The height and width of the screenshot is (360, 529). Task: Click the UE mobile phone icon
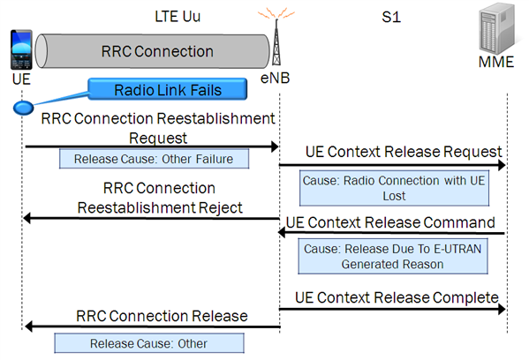21,48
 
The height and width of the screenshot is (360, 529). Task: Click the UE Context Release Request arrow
392,165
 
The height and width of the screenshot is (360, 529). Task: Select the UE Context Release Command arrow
392,233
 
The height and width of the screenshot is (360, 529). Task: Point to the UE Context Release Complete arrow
392,309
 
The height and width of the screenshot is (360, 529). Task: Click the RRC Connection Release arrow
150,327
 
